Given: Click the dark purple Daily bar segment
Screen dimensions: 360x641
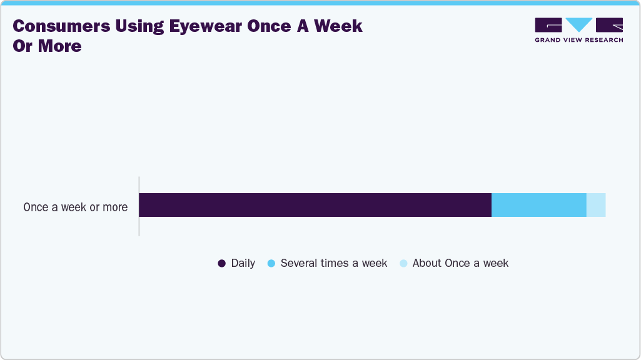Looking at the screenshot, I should pyautogui.click(x=315, y=205).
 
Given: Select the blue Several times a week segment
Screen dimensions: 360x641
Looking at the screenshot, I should pyautogui.click(x=538, y=205).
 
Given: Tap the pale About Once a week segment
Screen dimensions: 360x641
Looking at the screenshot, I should pyautogui.click(x=596, y=205).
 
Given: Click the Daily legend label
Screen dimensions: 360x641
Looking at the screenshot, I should pyautogui.click(x=243, y=263).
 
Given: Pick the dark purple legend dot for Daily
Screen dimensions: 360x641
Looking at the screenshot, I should pyautogui.click(x=221, y=264).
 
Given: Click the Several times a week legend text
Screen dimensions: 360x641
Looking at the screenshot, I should pyautogui.click(x=334, y=263).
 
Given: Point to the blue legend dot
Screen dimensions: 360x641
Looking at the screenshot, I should pyautogui.click(x=271, y=264).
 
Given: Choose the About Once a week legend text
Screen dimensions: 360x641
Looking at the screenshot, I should pyautogui.click(x=460, y=263).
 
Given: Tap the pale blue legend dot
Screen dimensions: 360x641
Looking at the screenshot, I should pyautogui.click(x=403, y=264).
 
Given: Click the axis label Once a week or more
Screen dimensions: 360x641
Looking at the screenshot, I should pyautogui.click(x=75, y=207).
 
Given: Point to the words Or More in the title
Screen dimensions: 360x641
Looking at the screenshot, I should pyautogui.click(x=47, y=46).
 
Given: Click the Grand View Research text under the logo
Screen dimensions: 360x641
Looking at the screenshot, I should pyautogui.click(x=578, y=40).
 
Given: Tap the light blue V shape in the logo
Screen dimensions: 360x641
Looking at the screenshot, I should pyautogui.click(x=578, y=24).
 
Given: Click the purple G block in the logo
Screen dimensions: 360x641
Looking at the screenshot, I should pyautogui.click(x=548, y=24).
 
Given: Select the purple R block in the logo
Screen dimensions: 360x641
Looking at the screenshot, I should pyautogui.click(x=610, y=24).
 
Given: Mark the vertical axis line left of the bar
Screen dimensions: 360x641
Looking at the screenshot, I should pyautogui.click(x=139, y=206).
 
